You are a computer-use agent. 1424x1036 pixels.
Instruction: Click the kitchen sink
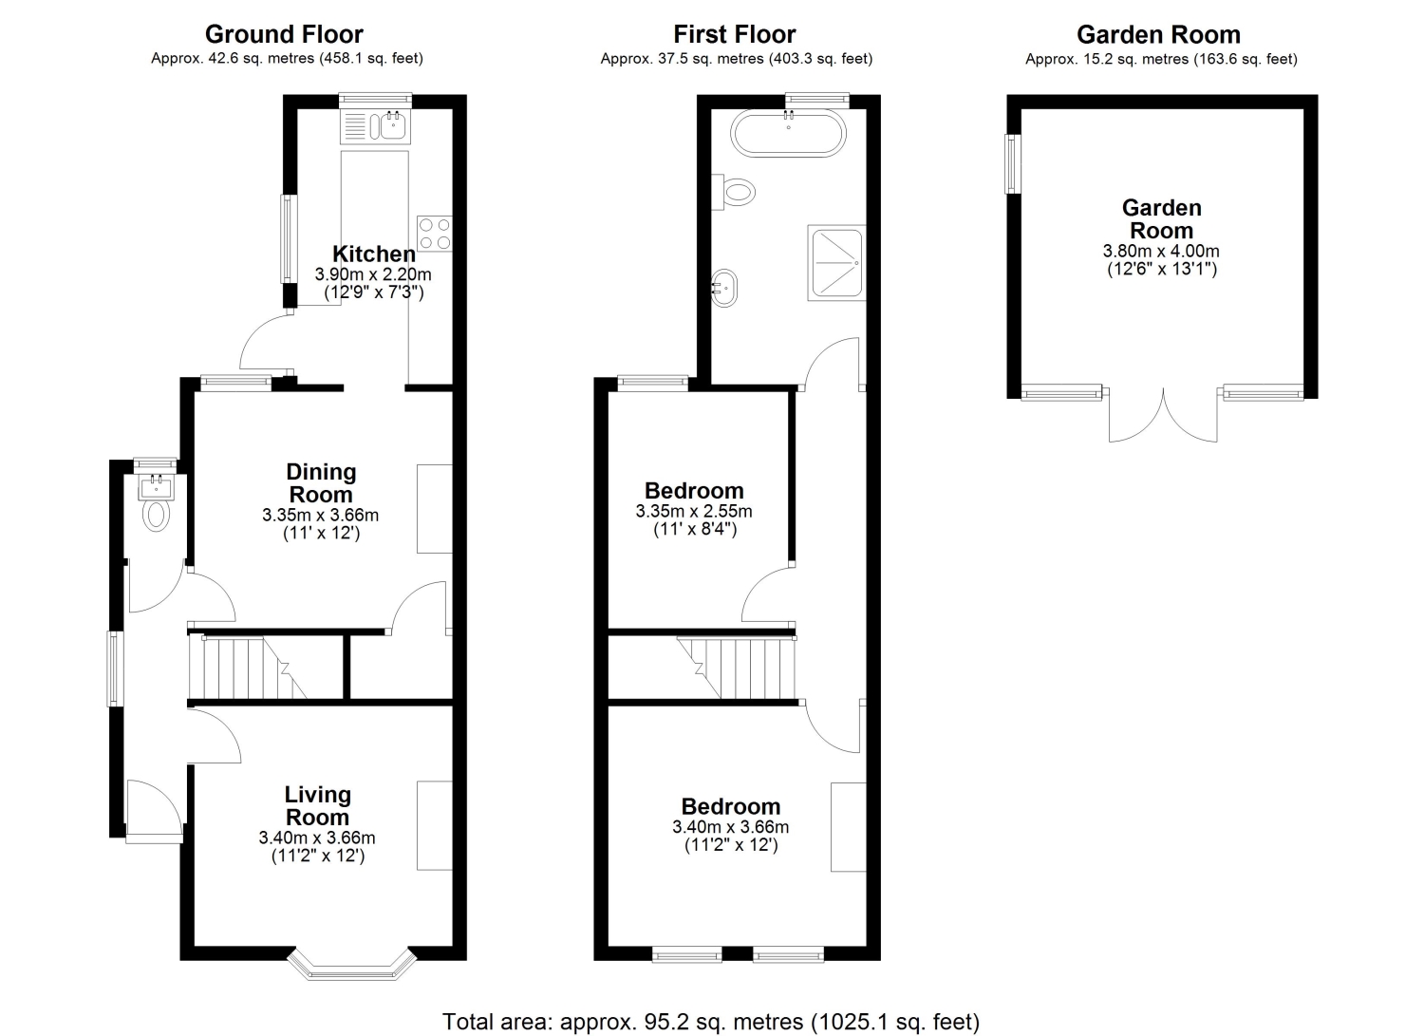[x=376, y=125]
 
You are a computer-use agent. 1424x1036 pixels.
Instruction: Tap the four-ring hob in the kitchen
[x=435, y=234]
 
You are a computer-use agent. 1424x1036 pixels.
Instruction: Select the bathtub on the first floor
[x=788, y=133]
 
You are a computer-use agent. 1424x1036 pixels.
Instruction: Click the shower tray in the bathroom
[x=836, y=262]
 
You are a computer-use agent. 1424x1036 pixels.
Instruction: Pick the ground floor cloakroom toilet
[x=157, y=515]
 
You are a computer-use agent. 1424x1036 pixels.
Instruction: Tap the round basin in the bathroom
[x=724, y=288]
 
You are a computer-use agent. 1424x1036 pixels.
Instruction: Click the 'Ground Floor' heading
[x=284, y=33]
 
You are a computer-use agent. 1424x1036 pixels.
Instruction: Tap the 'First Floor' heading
[x=735, y=33]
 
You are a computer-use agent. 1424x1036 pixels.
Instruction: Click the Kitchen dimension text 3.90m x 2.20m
[x=373, y=274]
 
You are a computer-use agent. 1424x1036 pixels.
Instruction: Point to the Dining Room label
[x=321, y=482]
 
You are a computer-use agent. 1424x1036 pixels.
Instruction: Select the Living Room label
[x=317, y=805]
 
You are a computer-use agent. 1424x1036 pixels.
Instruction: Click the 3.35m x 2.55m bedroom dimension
[x=694, y=511]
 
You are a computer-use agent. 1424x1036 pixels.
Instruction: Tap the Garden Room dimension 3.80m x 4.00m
[x=1161, y=251]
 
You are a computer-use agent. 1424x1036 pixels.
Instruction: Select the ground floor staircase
[x=248, y=669]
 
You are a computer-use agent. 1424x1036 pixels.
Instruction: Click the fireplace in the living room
[x=435, y=825]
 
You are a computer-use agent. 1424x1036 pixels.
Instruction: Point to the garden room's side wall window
[x=1013, y=163]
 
